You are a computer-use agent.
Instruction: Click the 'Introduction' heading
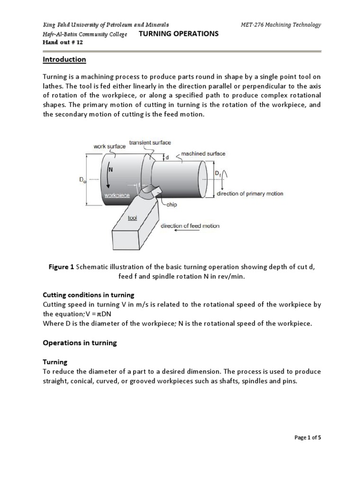point(64,60)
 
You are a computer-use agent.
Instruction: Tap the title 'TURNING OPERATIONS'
point(178,34)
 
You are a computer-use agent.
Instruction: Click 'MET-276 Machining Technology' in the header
point(282,25)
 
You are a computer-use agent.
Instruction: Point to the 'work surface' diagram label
point(109,146)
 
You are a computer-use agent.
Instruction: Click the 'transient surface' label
point(150,142)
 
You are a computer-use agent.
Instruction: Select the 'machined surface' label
point(203,153)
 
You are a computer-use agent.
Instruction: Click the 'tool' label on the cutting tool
point(132,218)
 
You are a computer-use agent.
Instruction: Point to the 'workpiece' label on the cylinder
point(117,195)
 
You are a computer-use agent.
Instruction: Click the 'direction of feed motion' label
point(190,226)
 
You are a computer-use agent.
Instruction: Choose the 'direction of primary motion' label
point(250,194)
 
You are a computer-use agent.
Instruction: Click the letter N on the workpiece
point(111,169)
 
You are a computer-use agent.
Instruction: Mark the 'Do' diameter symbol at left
point(82,180)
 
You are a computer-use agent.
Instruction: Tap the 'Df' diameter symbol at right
point(218,174)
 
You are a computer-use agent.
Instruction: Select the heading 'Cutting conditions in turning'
point(89,295)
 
